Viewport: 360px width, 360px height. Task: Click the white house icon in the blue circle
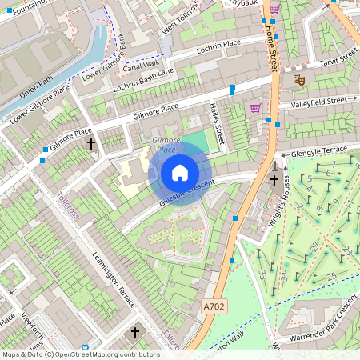pos(180,173)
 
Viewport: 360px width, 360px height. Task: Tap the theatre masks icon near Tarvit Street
pos(299,79)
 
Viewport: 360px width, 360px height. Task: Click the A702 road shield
pos(214,306)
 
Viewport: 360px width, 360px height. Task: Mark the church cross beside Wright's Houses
pos(274,180)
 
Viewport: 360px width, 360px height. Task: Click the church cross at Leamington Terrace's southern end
pos(134,332)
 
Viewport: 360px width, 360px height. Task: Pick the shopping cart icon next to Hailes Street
pos(255,107)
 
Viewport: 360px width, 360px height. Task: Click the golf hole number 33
pos(262,274)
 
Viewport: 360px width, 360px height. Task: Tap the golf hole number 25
pos(331,277)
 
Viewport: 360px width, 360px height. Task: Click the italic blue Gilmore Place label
pos(166,145)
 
